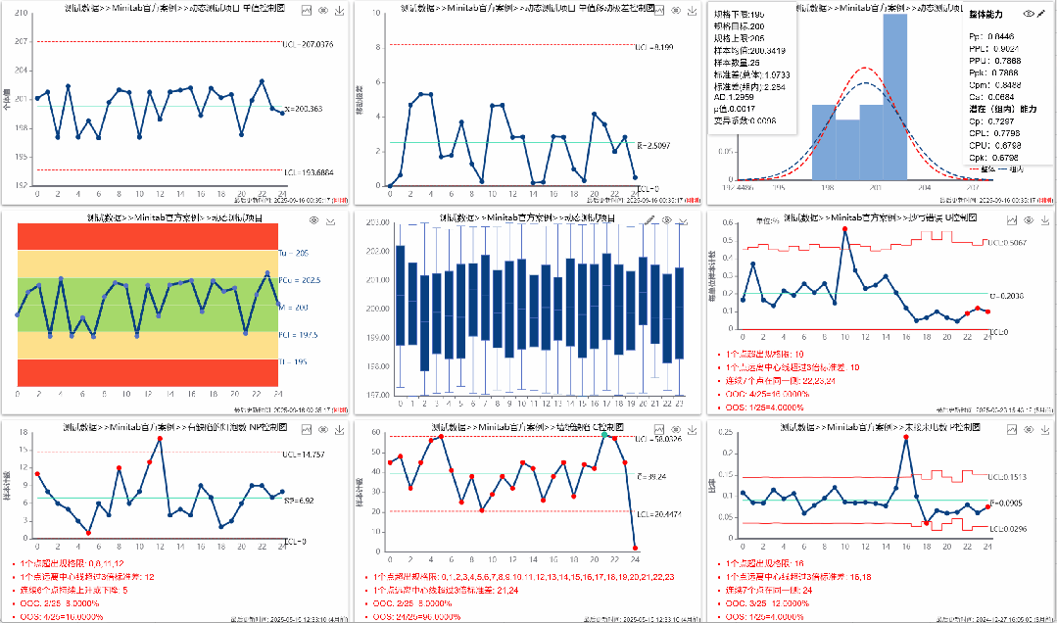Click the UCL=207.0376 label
tap(307, 44)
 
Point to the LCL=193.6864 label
tap(307, 171)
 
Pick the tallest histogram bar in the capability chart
tap(894, 98)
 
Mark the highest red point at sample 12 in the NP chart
tap(160, 438)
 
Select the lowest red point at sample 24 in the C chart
tap(635, 548)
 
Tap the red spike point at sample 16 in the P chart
tap(906, 438)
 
